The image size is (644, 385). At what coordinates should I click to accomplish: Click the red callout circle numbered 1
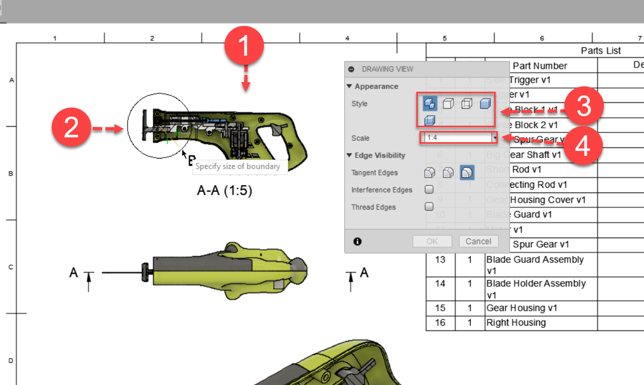tap(244, 47)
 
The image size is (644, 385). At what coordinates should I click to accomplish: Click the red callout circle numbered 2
tap(71, 128)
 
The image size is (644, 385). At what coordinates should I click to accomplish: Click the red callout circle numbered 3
tap(583, 108)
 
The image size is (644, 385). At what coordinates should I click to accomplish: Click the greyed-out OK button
tap(432, 241)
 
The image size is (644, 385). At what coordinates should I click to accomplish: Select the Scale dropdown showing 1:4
tap(459, 138)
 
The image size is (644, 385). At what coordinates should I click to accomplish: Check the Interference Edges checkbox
tap(430, 189)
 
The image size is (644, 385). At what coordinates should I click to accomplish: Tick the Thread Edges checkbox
tap(430, 207)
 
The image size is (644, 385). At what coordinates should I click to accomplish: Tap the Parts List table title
tap(601, 50)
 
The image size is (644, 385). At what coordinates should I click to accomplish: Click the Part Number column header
tap(540, 66)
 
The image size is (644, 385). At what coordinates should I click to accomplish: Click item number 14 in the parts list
tap(441, 284)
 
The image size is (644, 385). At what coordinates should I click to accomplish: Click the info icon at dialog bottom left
tap(357, 241)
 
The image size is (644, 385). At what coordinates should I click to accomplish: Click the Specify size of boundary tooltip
tap(238, 167)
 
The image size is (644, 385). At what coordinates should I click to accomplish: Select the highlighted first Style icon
tap(430, 104)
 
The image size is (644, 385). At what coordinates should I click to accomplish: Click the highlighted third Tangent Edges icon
tap(467, 172)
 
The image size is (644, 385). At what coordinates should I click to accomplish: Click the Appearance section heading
tap(376, 86)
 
